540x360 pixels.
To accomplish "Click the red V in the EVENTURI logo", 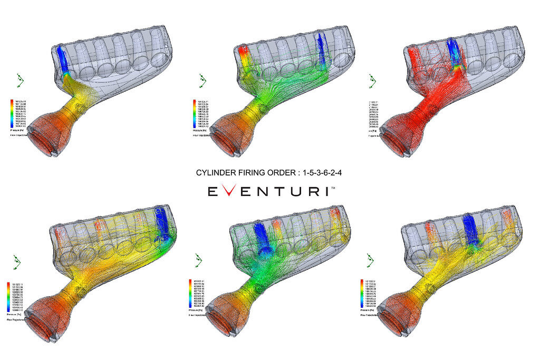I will click(228, 191).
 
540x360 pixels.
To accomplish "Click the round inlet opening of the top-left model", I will click(49, 140).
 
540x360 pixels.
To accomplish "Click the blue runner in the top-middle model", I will click(320, 50).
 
